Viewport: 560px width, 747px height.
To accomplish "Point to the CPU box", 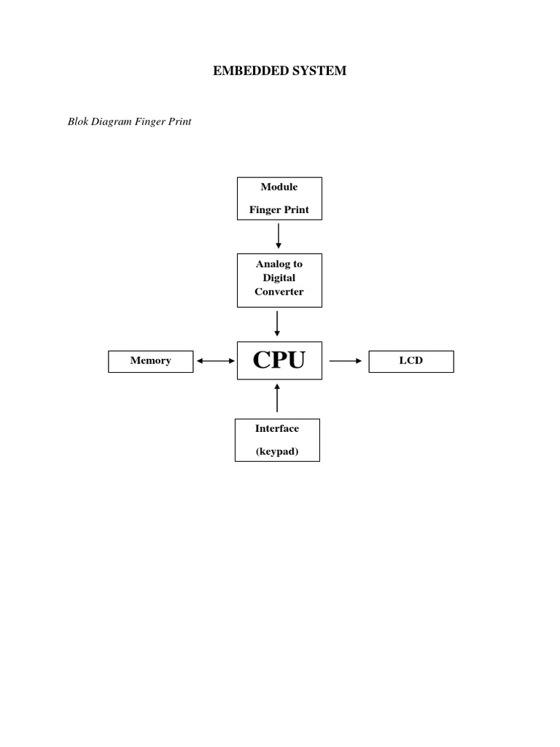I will tap(279, 360).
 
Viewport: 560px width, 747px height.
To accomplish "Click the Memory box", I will tap(151, 361).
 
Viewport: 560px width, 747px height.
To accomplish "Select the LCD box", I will tap(411, 361).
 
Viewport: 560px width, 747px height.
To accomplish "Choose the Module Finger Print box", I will tap(279, 198).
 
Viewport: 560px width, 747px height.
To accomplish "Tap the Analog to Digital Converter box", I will tap(279, 280).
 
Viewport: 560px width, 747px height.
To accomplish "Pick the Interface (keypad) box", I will tap(277, 440).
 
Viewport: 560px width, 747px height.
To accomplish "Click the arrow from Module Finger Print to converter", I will tap(279, 236).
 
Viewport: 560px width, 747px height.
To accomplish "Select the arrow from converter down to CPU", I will tap(277, 323).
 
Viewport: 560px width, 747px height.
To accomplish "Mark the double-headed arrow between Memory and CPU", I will tap(215, 361).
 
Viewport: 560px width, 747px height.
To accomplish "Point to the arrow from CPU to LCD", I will tap(346, 361).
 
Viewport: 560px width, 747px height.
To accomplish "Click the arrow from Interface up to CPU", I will tap(277, 398).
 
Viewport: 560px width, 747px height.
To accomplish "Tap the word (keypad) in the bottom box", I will tap(277, 452).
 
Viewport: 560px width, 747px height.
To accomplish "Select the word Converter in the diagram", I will tap(279, 292).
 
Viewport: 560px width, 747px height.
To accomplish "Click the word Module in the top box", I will tap(279, 187).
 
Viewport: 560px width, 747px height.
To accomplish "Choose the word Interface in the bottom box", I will tap(277, 428).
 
